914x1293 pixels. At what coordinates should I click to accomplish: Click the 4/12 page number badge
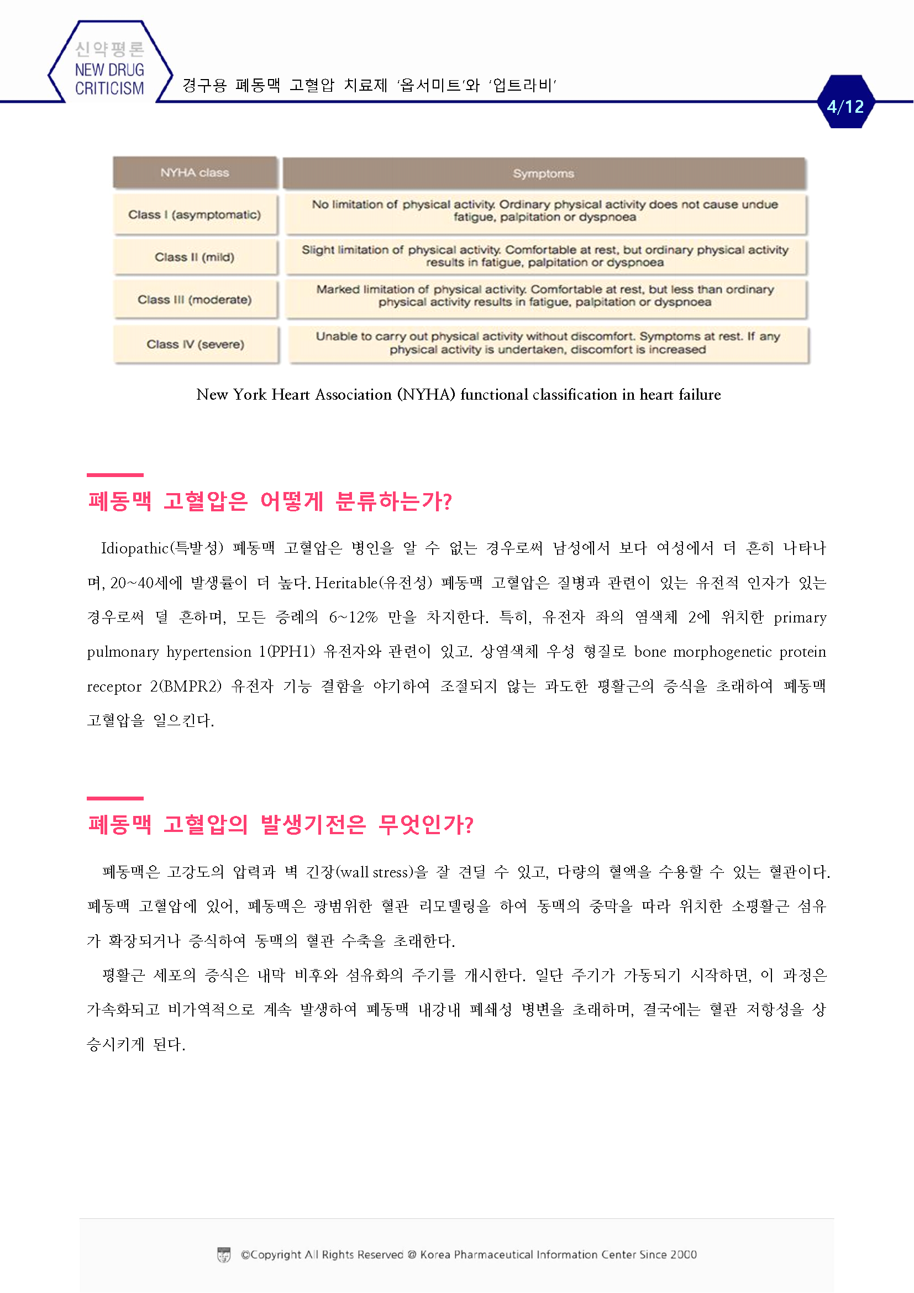coord(845,106)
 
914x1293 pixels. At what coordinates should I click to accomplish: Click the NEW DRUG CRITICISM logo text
coord(110,78)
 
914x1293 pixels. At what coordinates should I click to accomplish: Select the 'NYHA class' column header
coord(195,173)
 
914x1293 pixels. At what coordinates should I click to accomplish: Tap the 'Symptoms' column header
coord(544,174)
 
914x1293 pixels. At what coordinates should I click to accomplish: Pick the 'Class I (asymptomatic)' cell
coord(195,214)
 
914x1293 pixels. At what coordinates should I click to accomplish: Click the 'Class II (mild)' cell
coord(195,258)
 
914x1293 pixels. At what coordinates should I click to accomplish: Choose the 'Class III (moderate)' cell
coord(195,300)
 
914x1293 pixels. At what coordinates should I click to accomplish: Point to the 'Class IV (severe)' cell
coord(195,344)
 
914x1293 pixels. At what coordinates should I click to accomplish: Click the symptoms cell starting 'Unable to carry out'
coord(548,343)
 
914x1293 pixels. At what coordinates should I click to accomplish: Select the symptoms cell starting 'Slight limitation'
coord(545,256)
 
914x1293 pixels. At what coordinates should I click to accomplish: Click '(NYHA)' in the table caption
coord(426,394)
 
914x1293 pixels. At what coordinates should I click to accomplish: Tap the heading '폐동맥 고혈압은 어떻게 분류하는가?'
coord(270,501)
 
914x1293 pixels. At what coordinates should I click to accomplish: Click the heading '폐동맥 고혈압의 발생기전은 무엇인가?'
coord(280,824)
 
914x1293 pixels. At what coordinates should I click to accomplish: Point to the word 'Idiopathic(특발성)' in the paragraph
coord(162,548)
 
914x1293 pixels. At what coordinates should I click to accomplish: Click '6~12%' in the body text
coord(353,617)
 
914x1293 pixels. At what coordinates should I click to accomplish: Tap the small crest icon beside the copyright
coord(224,1255)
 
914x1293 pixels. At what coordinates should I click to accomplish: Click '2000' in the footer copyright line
coord(683,1255)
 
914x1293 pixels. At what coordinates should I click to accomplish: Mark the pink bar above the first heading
coord(115,475)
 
